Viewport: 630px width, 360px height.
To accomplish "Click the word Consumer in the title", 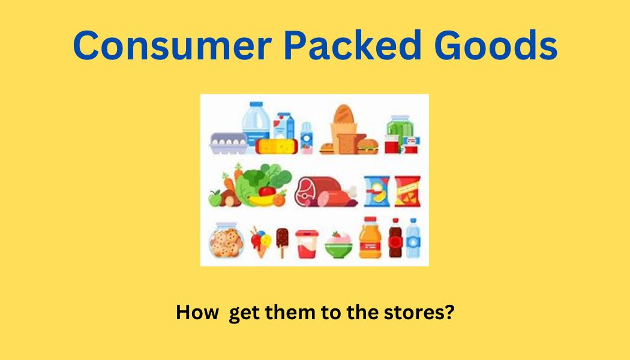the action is point(172,45).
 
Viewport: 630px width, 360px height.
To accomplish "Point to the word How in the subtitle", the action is point(197,312).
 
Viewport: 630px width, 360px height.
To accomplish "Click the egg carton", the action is point(229,143).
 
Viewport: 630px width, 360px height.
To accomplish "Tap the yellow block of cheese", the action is point(277,146).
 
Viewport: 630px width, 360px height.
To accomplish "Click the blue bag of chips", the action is point(377,191).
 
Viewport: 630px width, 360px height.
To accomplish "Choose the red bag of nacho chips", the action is point(407,191).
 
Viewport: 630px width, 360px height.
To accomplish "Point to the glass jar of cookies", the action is point(226,240).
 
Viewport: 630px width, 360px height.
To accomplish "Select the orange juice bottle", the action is point(370,238).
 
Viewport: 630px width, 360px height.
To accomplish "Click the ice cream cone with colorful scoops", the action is point(261,242).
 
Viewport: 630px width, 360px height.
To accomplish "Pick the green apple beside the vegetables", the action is point(215,199).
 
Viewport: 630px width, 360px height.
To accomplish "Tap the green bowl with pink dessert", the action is point(338,245).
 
